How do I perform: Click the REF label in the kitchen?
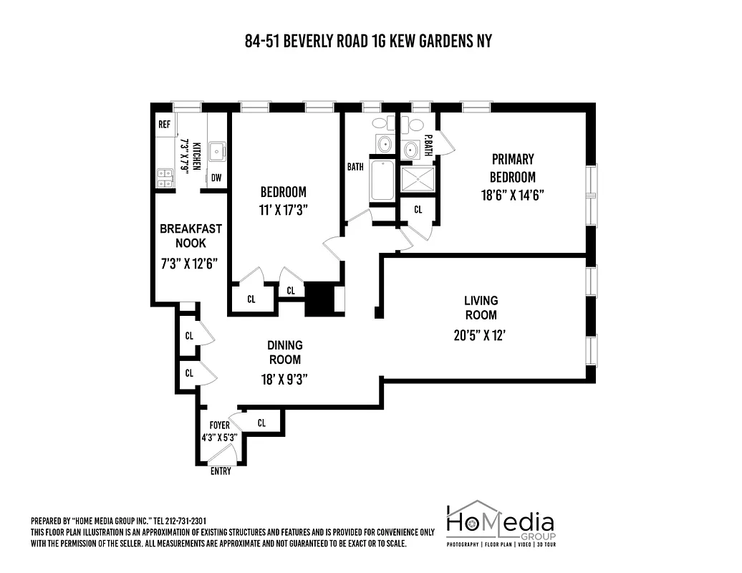coord(164,125)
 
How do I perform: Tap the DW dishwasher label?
coord(216,178)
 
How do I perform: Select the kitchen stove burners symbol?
coord(165,178)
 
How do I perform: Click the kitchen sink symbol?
coord(216,151)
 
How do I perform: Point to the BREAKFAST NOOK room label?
coord(191,236)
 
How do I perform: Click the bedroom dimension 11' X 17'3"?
coord(283,208)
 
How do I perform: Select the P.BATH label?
coord(428,146)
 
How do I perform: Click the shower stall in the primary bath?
coord(418,179)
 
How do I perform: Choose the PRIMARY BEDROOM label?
coord(512,168)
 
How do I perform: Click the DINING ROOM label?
coord(285,352)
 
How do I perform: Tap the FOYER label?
coord(219,425)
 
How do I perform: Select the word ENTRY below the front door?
coord(221,472)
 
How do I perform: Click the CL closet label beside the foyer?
coord(261,423)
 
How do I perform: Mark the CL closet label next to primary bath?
coord(418,210)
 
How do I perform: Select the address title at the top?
coord(368,41)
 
